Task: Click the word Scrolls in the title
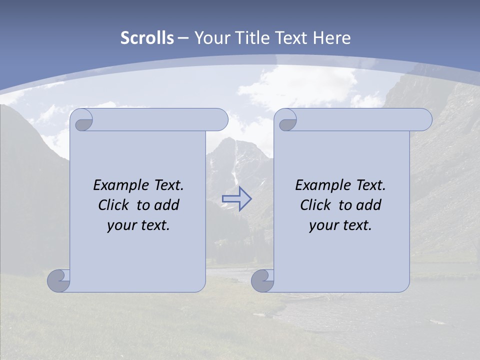pos(147,38)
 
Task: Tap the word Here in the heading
pos(331,38)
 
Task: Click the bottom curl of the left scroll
pos(58,280)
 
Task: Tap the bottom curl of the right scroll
pos(262,280)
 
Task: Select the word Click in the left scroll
pos(114,205)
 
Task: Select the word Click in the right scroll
pos(316,205)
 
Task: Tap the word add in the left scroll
pos(166,205)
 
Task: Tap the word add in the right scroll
pos(368,205)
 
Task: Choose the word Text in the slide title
pos(291,38)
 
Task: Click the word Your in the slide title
pos(211,38)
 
